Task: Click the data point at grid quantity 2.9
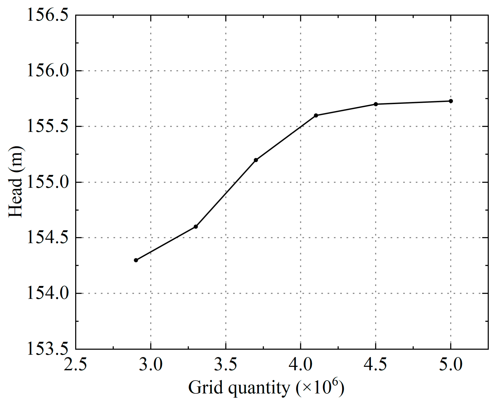(x=136, y=260)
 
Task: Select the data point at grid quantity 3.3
(x=196, y=227)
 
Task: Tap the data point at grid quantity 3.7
(x=256, y=160)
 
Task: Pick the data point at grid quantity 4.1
(x=316, y=115)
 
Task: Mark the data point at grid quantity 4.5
(x=376, y=104)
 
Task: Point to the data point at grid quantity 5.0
(x=451, y=101)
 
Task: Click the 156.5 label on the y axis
(x=48, y=15)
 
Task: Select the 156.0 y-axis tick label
(x=48, y=71)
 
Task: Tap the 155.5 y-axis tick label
(x=48, y=126)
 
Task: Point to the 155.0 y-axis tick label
(x=48, y=182)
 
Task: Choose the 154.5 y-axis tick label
(x=48, y=238)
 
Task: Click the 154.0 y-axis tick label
(x=48, y=293)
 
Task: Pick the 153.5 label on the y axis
(x=48, y=349)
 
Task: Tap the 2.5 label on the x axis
(x=75, y=365)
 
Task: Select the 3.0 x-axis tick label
(x=151, y=365)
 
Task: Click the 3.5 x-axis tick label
(x=226, y=365)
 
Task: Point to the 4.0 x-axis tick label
(x=300, y=365)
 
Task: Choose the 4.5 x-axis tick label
(x=375, y=365)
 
